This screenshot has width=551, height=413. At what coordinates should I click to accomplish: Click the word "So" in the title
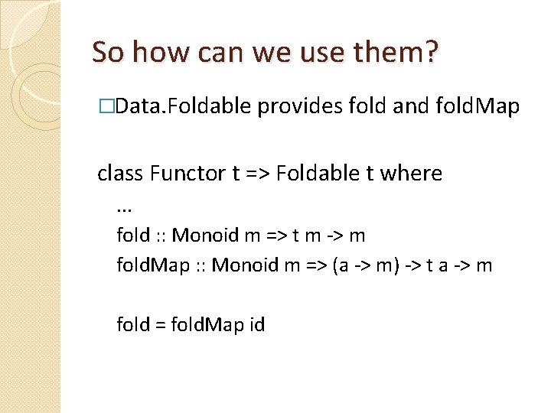click(107, 52)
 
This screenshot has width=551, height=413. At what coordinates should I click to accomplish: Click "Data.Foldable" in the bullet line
click(184, 107)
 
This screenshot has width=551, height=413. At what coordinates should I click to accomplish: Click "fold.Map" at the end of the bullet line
click(481, 107)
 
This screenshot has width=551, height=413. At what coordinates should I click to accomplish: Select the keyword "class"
click(121, 174)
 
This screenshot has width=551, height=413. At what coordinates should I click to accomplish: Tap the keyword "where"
click(410, 174)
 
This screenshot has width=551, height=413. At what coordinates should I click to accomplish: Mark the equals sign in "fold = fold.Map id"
click(160, 325)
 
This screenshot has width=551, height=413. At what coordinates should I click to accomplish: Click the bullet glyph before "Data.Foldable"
click(113, 107)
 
